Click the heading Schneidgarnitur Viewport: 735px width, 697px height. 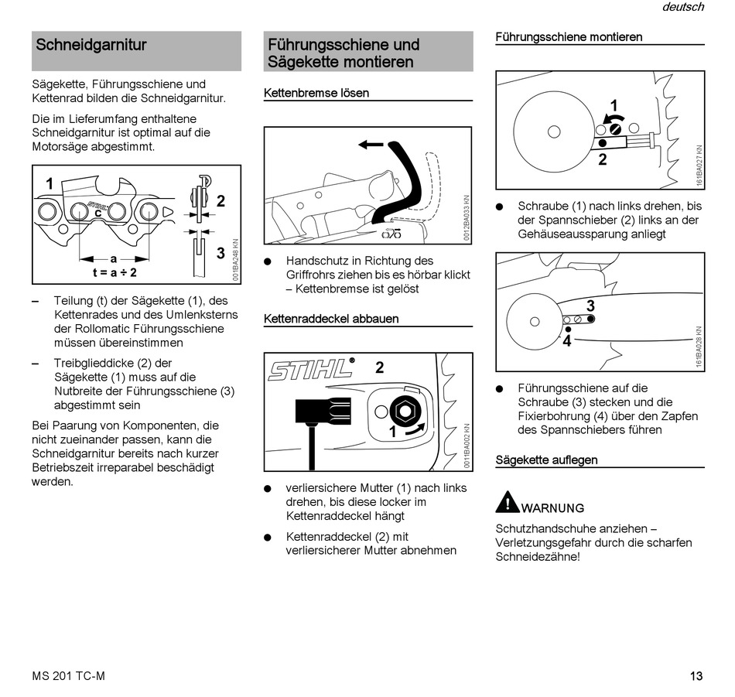(x=91, y=45)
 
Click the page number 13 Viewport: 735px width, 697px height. (x=696, y=676)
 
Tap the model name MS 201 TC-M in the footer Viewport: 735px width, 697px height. (x=69, y=676)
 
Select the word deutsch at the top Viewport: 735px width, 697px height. (x=683, y=7)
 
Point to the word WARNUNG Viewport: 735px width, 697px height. (x=553, y=508)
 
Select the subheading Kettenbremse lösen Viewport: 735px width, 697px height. (x=316, y=93)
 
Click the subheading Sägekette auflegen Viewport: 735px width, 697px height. (x=546, y=460)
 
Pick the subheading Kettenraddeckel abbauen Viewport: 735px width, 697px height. (x=330, y=319)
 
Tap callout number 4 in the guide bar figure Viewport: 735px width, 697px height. (x=567, y=340)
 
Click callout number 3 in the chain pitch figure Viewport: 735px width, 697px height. (x=220, y=253)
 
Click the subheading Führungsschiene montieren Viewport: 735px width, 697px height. (x=569, y=36)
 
